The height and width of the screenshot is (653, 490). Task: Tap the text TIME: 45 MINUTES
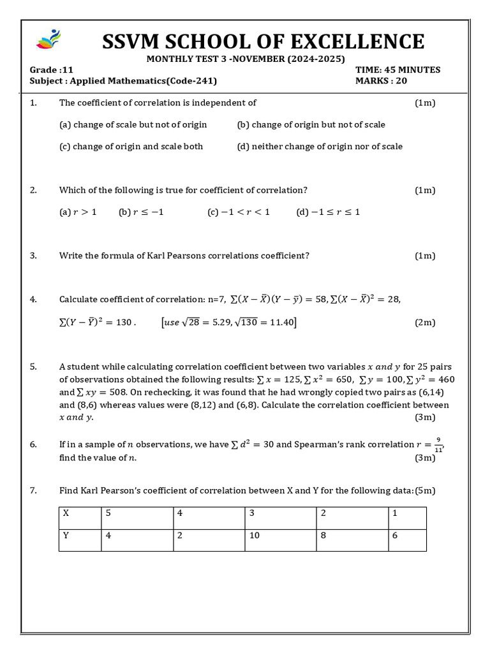[397, 70]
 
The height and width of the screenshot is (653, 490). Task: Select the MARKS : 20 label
[381, 80]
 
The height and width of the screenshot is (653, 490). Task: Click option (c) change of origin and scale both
[131, 146]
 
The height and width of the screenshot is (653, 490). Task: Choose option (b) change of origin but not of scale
[311, 124]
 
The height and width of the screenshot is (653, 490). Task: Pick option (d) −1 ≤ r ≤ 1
[328, 212]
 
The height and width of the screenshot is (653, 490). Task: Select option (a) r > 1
[78, 212]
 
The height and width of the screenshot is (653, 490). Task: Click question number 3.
[33, 256]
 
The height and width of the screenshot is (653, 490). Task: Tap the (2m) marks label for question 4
[425, 323]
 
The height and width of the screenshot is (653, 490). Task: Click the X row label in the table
[66, 513]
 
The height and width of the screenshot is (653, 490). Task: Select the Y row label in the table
[66, 536]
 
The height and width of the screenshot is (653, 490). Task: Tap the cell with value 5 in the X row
[109, 513]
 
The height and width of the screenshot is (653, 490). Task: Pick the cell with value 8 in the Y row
[324, 536]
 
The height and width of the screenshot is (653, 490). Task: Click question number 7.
[33, 490]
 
